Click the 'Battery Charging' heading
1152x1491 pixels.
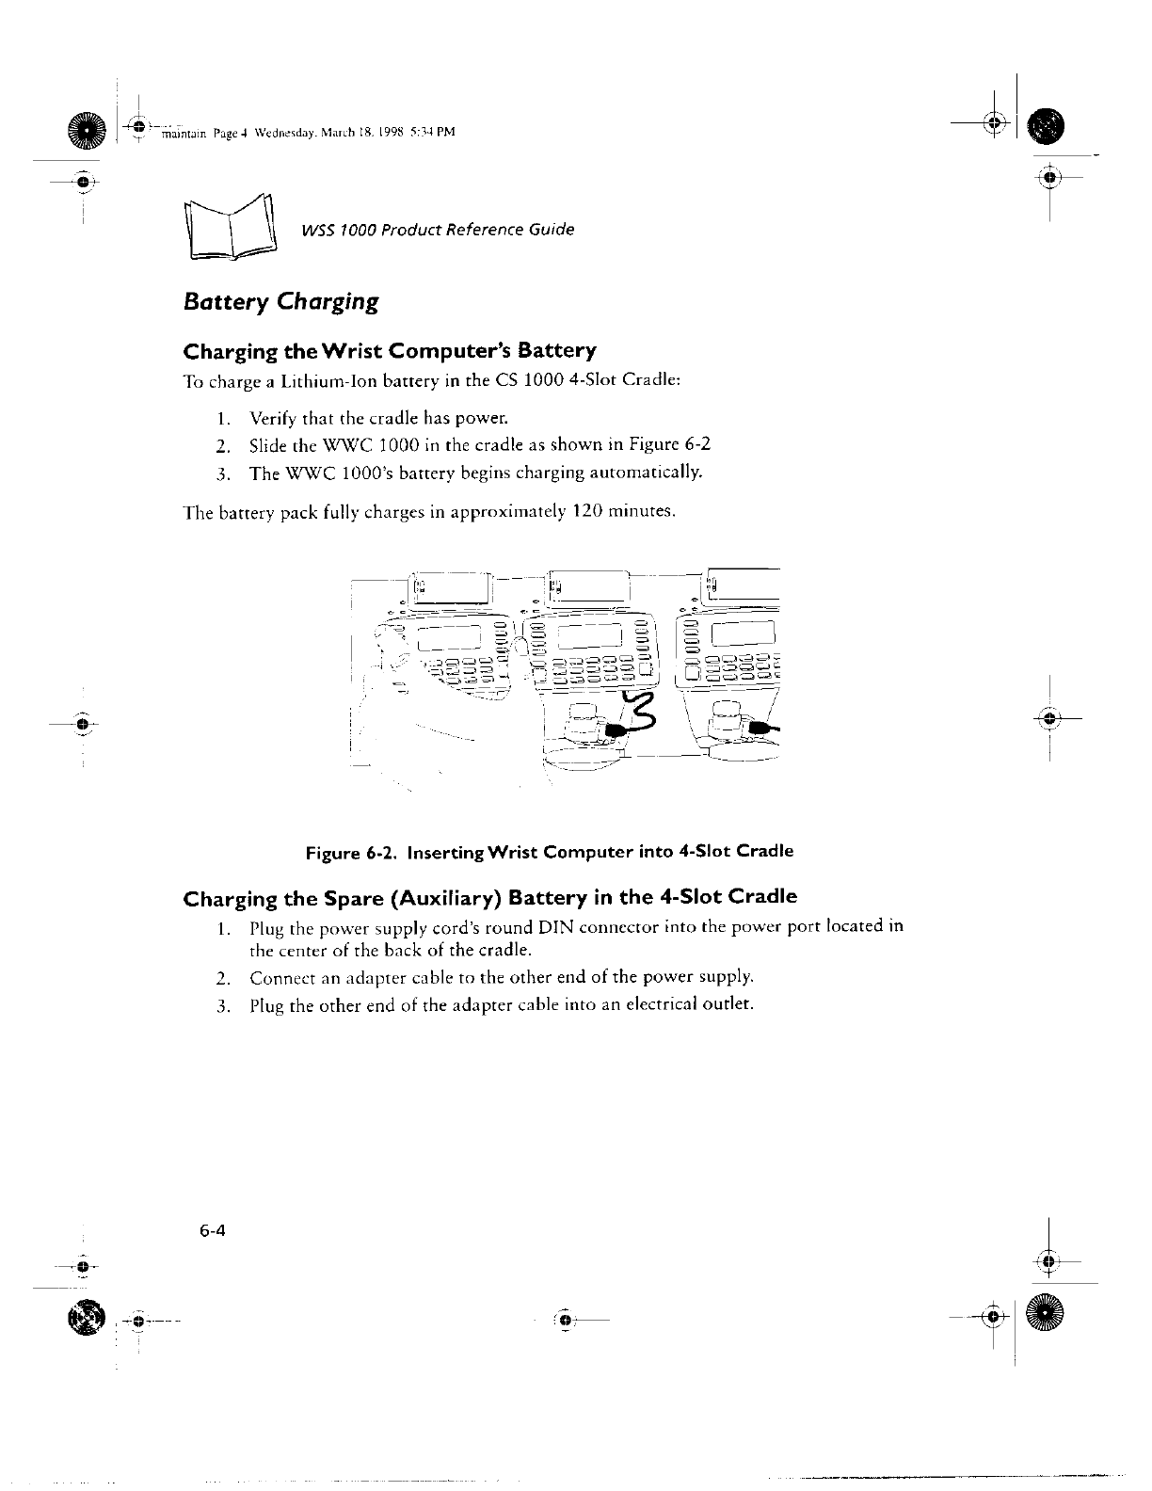tap(280, 302)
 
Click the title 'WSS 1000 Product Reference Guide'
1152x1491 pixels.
tap(438, 230)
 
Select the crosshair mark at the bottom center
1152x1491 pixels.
tap(565, 1321)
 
